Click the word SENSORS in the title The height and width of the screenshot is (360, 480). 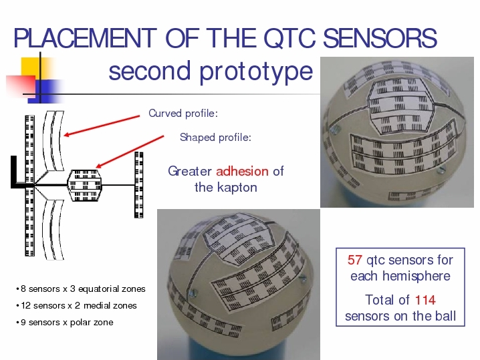[380, 38]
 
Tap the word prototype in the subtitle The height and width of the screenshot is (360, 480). [256, 73]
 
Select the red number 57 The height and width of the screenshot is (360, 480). [355, 260]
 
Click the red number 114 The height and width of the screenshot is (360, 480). [425, 300]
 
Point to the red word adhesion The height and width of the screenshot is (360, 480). [242, 171]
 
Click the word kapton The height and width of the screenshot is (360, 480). [237, 188]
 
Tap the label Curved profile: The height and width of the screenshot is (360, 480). [183, 114]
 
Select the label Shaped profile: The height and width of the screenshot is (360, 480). [215, 138]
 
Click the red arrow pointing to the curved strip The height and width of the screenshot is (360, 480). [102, 126]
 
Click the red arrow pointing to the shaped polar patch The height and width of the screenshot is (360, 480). [130, 152]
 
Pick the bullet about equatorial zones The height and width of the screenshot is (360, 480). [81, 289]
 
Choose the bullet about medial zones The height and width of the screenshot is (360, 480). [76, 305]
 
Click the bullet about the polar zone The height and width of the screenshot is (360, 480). [65, 323]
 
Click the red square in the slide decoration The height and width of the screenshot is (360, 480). [21, 85]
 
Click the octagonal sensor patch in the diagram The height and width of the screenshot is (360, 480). [84, 186]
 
